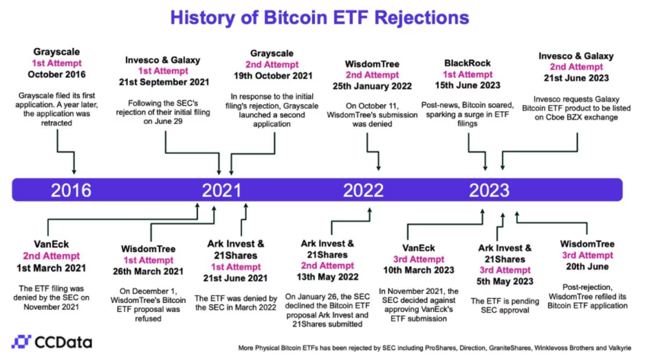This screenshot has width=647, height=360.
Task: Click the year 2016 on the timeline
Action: [71, 190]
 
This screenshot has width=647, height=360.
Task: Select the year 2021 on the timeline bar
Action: [222, 190]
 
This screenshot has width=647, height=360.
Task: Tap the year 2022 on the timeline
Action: [363, 190]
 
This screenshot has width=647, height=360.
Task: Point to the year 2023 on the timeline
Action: [489, 190]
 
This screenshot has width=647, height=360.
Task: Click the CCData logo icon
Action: [21, 342]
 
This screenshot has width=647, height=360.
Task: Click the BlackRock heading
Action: [467, 63]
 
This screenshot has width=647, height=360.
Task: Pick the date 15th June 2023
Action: [467, 85]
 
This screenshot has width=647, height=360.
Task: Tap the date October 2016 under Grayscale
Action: [56, 75]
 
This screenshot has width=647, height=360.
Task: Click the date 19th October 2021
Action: [273, 76]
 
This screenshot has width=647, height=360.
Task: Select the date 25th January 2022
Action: [372, 86]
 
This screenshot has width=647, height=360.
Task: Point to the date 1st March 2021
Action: [51, 268]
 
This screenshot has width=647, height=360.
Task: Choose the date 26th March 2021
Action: [148, 272]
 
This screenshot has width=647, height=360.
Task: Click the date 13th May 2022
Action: [327, 277]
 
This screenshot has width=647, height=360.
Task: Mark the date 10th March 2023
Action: [419, 270]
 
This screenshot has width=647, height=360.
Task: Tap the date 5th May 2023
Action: [505, 282]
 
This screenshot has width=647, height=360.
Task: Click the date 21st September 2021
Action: [164, 82]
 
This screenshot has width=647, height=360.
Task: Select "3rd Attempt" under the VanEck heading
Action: [419, 260]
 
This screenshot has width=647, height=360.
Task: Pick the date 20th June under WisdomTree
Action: [587, 266]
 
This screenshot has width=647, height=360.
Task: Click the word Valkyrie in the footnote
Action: [620, 348]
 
